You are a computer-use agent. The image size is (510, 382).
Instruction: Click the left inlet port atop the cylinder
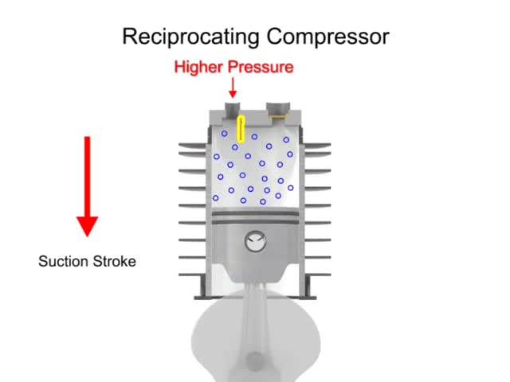[232, 107]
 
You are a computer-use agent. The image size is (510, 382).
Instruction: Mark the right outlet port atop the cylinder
[278, 107]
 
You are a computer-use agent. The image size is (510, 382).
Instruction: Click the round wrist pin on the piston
[256, 240]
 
